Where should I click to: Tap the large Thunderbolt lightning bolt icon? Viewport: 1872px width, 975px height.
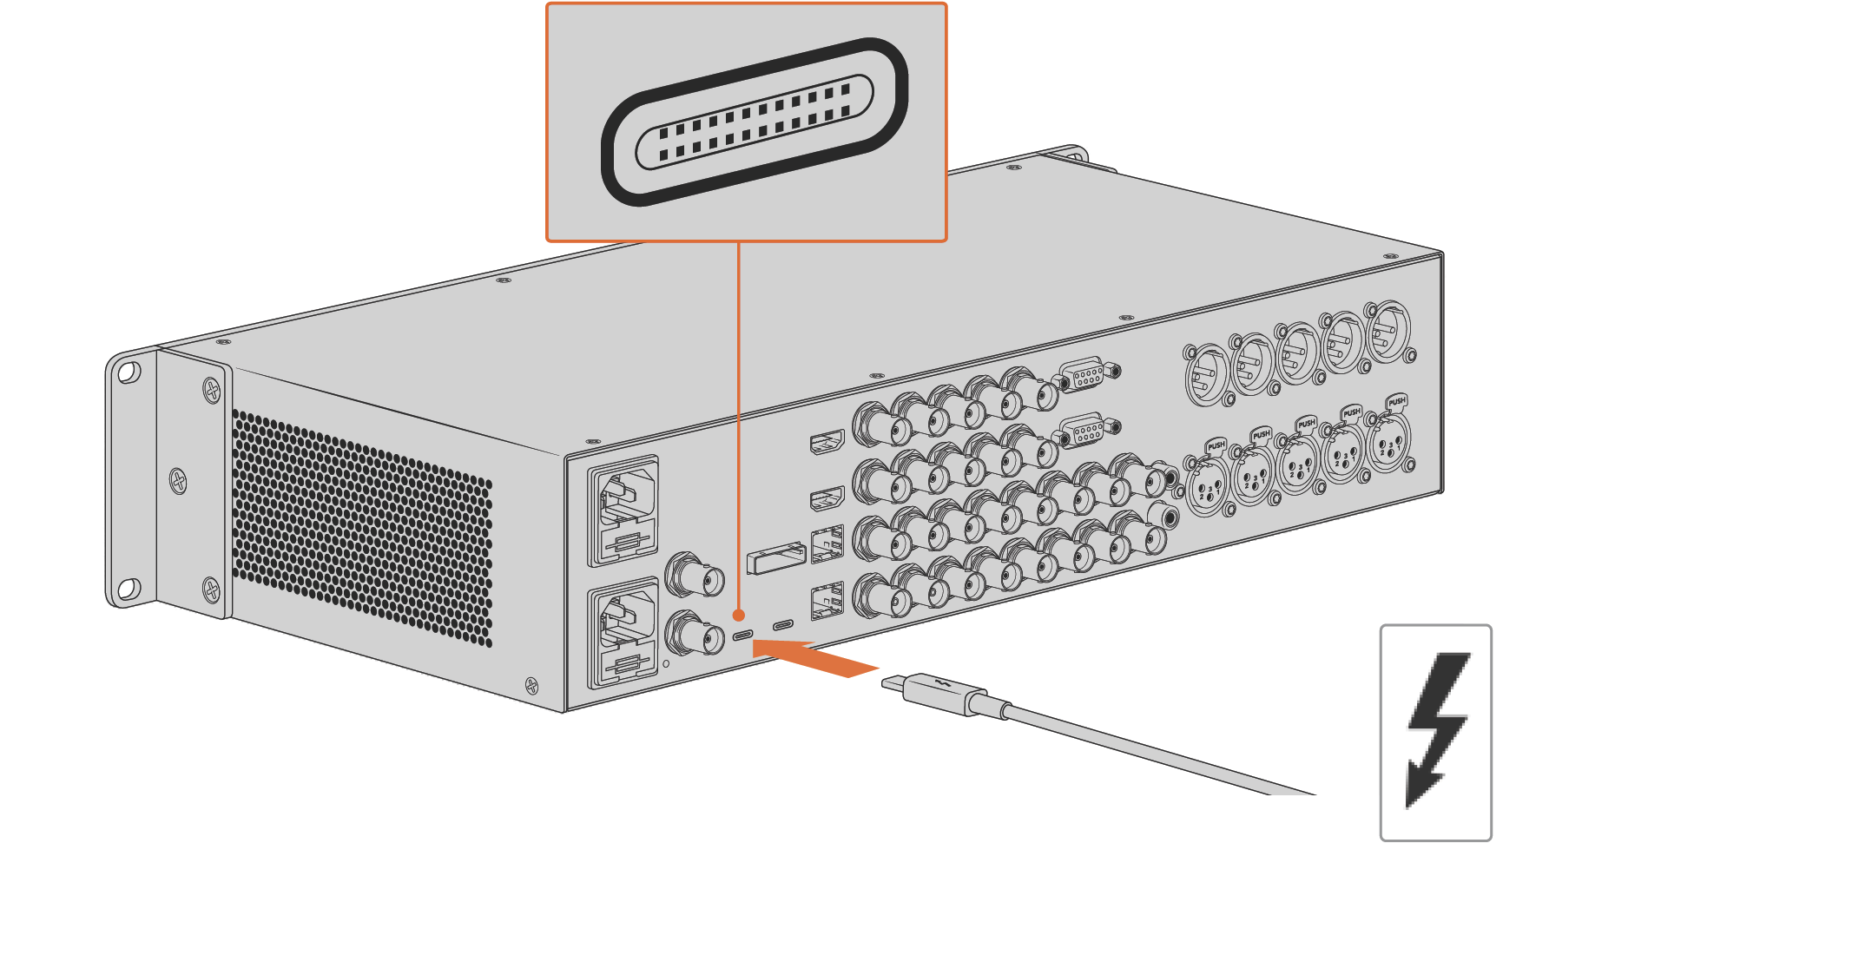coord(1437,729)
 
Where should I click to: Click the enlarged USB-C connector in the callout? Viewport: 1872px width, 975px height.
coord(754,122)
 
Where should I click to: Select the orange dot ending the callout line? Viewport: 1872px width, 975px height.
coord(739,615)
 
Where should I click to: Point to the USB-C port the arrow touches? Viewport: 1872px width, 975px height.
coord(742,635)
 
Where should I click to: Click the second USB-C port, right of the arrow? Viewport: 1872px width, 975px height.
coord(783,624)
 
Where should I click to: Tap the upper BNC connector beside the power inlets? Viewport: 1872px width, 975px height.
coord(695,575)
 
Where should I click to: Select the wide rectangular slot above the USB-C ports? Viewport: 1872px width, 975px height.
coord(775,557)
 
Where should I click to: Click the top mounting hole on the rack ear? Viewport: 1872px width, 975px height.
coord(128,372)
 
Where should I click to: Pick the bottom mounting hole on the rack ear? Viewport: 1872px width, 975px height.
coord(128,590)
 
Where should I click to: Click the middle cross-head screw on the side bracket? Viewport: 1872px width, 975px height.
coord(178,480)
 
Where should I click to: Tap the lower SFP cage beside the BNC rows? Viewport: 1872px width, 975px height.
coord(827,600)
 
